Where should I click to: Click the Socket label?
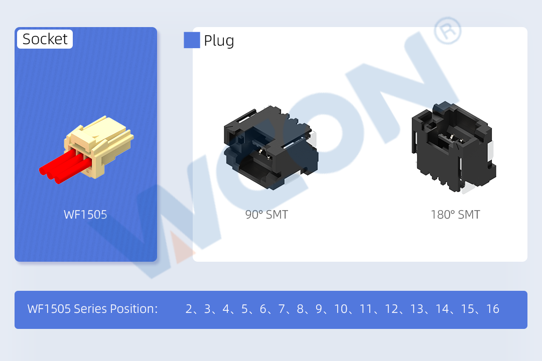(45, 39)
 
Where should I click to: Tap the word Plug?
(219, 41)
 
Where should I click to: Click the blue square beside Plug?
(192, 40)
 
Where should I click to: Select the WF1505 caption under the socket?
(85, 215)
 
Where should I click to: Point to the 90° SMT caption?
(266, 215)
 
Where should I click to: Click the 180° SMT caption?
(455, 215)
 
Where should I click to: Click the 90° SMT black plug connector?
(270, 148)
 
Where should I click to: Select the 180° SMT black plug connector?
(454, 146)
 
